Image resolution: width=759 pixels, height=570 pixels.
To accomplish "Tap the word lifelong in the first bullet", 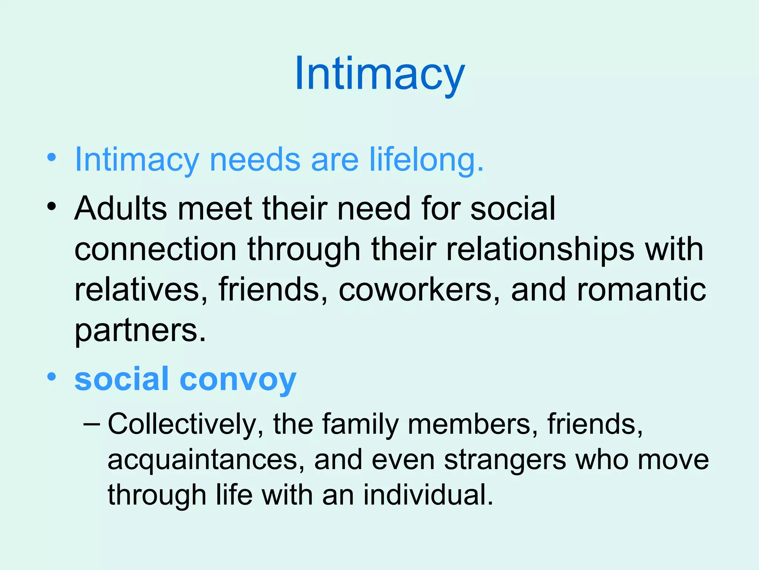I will pyautogui.click(x=427, y=160).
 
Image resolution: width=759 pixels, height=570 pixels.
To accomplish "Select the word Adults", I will pyautogui.click(x=120, y=208).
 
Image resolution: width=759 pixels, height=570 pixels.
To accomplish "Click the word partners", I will pyautogui.click(x=140, y=330).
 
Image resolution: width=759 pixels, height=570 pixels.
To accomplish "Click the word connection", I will pyautogui.click(x=155, y=249).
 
